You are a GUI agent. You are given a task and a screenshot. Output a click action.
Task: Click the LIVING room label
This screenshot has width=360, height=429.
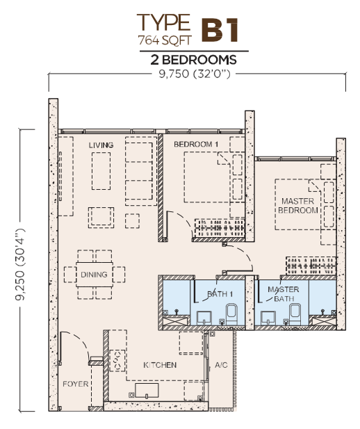[101, 145]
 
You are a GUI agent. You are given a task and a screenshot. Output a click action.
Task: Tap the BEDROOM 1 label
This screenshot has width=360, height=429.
[196, 144]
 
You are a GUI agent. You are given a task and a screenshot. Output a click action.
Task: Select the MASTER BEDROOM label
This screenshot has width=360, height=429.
[298, 206]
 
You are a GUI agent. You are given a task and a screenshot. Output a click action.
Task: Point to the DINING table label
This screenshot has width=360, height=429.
[94, 275]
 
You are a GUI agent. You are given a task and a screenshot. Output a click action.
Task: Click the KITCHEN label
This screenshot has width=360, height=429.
[160, 365]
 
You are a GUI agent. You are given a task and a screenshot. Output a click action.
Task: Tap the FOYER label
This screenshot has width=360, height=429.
[76, 384]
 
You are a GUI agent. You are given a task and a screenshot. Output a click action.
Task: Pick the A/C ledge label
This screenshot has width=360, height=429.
[221, 365]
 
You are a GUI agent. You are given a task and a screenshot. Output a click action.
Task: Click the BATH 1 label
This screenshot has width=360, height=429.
[220, 294]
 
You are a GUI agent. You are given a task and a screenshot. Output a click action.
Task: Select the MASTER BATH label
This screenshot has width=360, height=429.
[284, 294]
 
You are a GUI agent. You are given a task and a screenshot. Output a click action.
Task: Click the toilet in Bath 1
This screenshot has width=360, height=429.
[231, 314]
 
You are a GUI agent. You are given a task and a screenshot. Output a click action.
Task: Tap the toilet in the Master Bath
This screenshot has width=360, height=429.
[295, 314]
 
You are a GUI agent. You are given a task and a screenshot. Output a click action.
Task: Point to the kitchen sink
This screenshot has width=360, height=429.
[147, 391]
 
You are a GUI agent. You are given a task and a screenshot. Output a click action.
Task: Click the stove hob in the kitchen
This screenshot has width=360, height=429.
[117, 361]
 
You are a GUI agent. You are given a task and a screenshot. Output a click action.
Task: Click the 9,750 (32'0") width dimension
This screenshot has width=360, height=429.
[195, 74]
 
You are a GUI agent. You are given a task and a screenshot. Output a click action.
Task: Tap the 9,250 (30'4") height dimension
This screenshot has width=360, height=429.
[20, 265]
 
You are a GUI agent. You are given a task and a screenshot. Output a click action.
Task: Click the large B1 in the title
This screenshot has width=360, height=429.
[220, 30]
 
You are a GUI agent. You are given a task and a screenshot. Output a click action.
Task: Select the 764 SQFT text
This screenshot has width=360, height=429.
[165, 40]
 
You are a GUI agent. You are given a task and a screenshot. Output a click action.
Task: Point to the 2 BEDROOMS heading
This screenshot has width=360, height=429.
[193, 60]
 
